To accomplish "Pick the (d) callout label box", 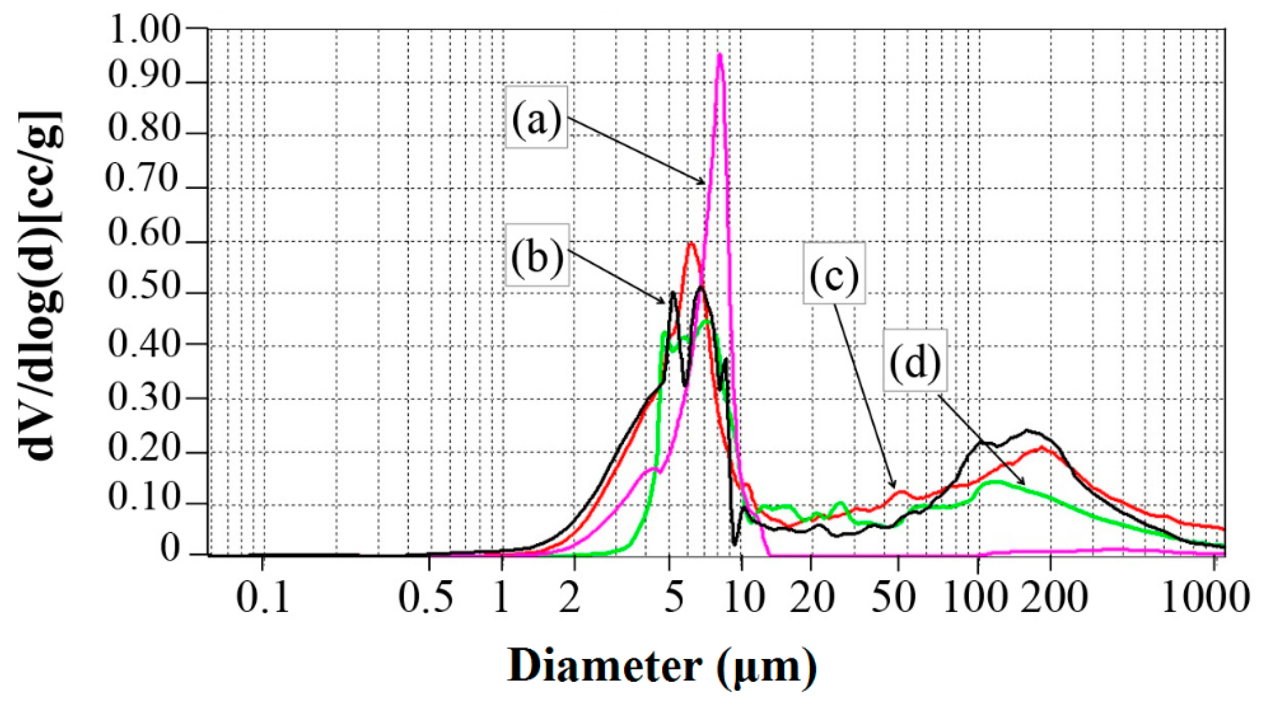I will pos(915,360).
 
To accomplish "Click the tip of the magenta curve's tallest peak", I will pos(720,55).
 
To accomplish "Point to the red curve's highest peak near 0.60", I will pos(691,243).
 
